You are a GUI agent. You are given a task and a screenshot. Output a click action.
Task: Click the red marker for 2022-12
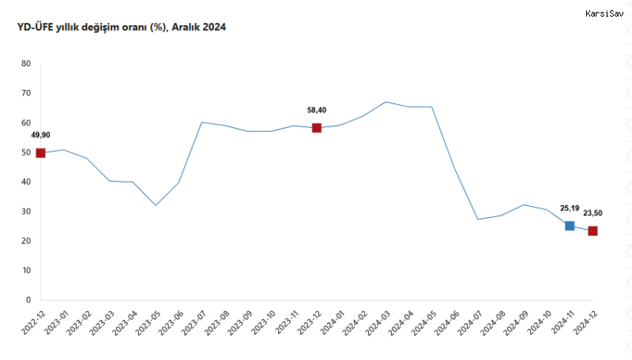(40, 152)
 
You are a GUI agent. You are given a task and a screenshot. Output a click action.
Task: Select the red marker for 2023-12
(316, 128)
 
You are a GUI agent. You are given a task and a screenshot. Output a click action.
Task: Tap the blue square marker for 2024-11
(570, 226)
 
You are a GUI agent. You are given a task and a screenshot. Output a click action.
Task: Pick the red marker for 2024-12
(592, 231)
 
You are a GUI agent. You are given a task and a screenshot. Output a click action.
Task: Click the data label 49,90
(41, 135)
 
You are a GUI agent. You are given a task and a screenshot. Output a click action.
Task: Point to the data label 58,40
(317, 111)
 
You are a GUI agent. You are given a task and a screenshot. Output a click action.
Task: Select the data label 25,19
(570, 208)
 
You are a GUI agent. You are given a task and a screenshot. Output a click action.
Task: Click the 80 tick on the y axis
(26, 64)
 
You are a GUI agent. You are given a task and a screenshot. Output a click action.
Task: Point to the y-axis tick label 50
(26, 152)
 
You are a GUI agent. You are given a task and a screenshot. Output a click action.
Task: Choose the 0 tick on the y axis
(28, 300)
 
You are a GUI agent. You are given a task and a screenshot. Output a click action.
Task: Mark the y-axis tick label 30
(26, 212)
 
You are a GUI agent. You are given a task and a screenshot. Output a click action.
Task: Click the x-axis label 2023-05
(145, 325)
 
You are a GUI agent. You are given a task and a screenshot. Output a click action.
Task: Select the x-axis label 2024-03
(375, 325)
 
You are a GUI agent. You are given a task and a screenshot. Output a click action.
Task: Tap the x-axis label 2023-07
(191, 325)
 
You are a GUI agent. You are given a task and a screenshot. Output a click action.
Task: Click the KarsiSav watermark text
(604, 13)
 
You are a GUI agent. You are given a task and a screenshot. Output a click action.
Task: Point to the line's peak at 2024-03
(386, 102)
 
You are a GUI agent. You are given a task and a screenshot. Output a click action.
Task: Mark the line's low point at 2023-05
(156, 205)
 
